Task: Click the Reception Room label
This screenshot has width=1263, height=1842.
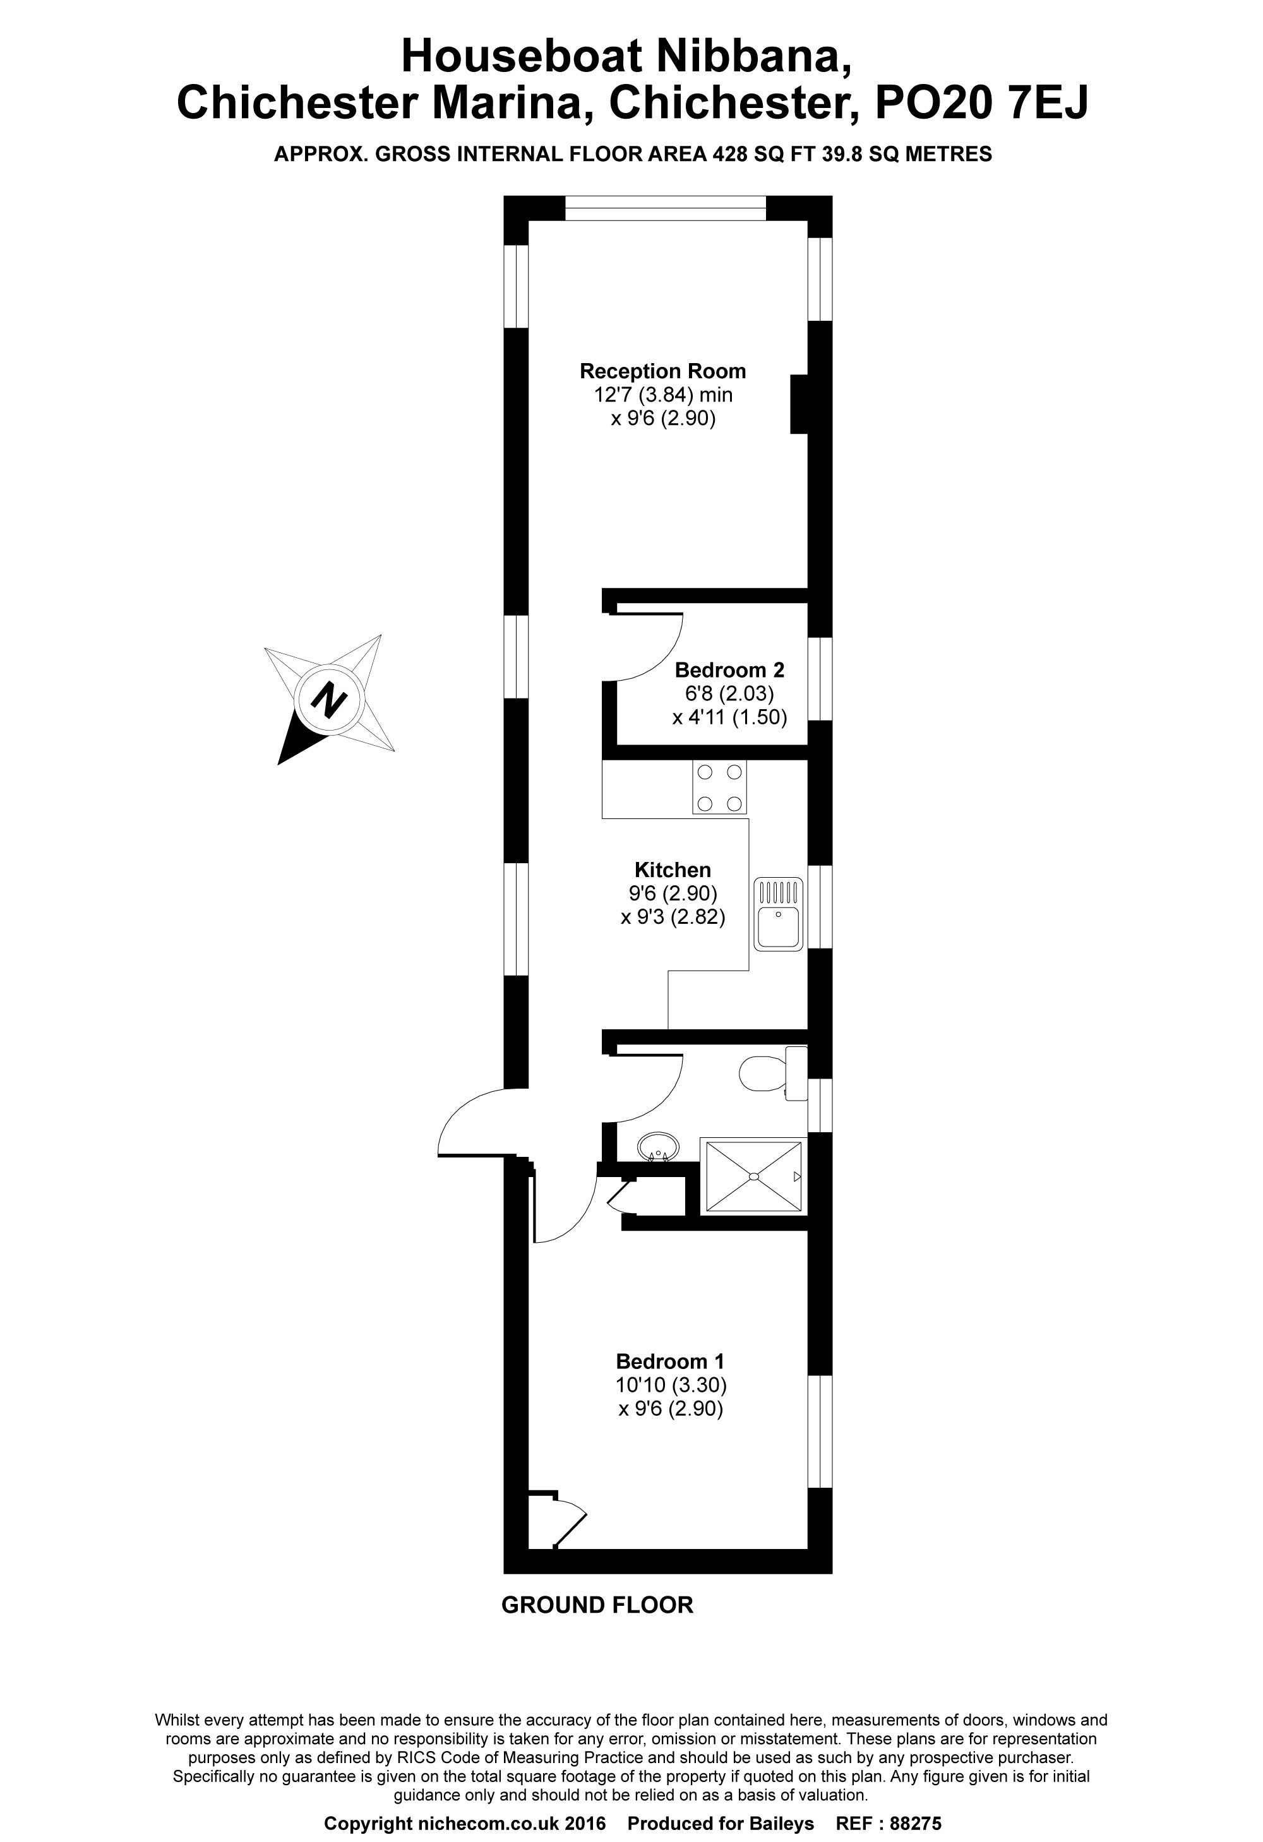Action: point(663,371)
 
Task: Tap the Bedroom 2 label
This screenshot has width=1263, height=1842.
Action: point(729,670)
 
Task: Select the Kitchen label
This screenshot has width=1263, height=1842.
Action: point(673,870)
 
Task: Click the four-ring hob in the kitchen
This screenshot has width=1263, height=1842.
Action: point(720,787)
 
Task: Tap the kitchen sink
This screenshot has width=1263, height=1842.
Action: point(779,914)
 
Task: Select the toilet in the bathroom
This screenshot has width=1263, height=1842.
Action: point(773,1074)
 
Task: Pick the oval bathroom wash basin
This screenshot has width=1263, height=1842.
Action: point(658,1146)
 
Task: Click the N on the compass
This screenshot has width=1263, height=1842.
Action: point(329,699)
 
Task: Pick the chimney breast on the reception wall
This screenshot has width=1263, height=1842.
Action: point(799,404)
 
